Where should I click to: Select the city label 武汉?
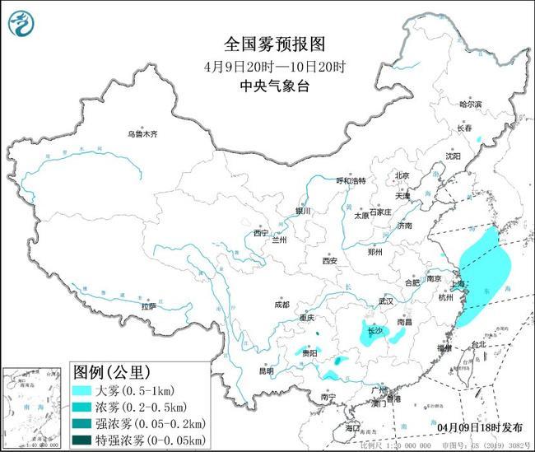pos(386,301)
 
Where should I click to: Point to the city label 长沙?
pos(375,331)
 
